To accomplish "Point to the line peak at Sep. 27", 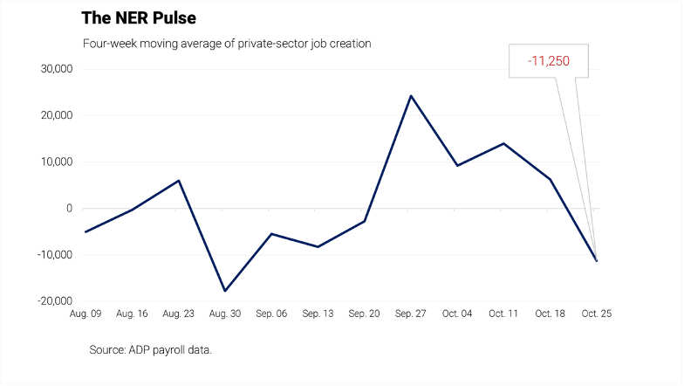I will (411, 96).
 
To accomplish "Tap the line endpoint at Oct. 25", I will (597, 261).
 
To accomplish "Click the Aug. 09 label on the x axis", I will (85, 314).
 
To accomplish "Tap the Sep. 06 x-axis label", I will (271, 314).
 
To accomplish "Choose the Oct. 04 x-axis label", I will (457, 314).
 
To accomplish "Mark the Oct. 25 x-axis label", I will (597, 314).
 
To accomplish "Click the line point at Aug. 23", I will (179, 181).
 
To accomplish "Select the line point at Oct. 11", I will (503, 143).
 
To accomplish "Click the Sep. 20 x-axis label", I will (365, 314).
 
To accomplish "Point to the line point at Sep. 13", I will (318, 246).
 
